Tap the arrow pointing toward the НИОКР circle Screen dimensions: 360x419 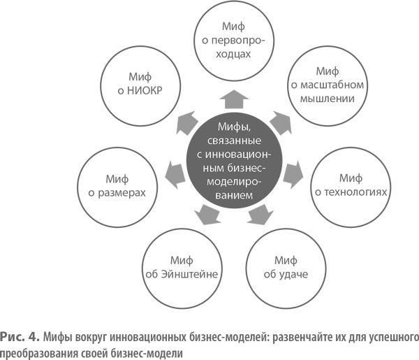(x=183, y=120)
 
